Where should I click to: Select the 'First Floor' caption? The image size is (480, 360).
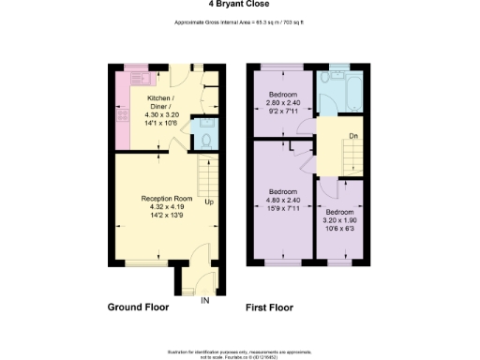pyautogui.click(x=269, y=307)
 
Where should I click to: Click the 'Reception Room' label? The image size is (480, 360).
pyautogui.click(x=167, y=199)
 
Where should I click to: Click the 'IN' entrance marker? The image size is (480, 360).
pyautogui.click(x=205, y=300)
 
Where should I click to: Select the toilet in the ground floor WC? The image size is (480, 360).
pyautogui.click(x=204, y=142)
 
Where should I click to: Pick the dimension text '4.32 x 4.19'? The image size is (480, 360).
pyautogui.click(x=167, y=207)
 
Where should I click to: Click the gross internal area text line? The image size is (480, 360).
pyautogui.click(x=241, y=22)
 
